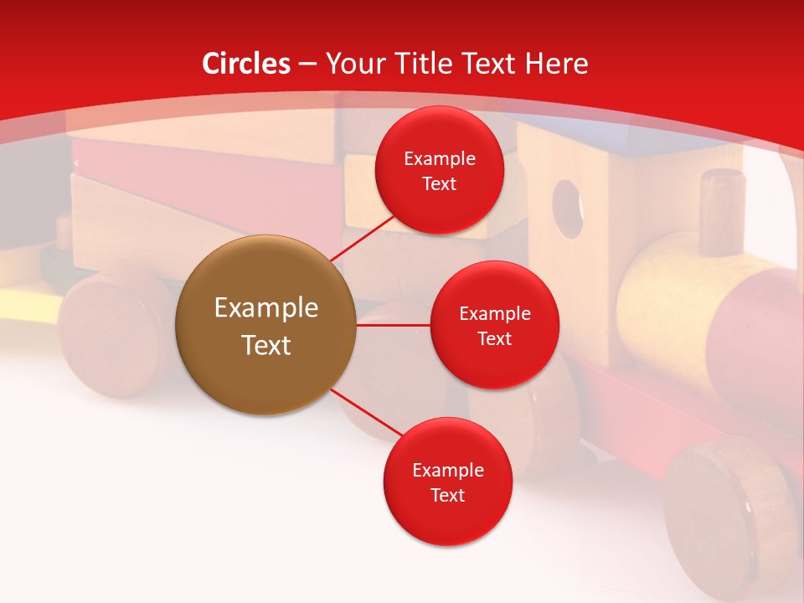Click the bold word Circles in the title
coord(246,64)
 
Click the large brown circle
coord(265,325)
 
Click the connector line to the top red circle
coord(363,238)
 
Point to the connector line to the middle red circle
coord(393,325)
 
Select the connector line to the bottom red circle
coord(366,414)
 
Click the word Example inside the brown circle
coord(265,308)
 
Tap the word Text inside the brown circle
coord(265,345)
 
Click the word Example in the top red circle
coord(439,159)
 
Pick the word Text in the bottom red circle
coord(447,495)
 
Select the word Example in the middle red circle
coord(494,314)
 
